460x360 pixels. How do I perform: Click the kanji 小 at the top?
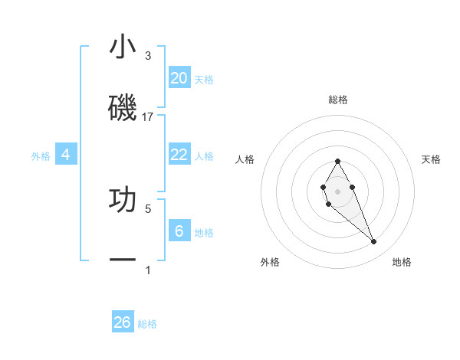coord(123,47)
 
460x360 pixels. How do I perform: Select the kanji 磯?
coord(123,108)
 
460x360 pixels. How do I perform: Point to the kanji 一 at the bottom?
coord(123,261)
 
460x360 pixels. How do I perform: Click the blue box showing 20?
coord(179,78)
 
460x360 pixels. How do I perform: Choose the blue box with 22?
coord(179,155)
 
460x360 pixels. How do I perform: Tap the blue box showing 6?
coord(179,231)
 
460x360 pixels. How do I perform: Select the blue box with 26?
coord(123,322)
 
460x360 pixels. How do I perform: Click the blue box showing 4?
coord(66,155)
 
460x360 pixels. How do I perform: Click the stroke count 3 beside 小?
coord(147,56)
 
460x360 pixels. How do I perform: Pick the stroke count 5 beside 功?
coord(147,208)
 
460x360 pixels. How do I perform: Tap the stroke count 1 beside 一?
coord(147,270)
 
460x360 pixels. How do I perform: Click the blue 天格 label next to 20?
coord(204,80)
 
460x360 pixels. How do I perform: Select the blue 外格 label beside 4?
coord(41,156)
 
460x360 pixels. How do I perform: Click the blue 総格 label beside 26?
coord(147,324)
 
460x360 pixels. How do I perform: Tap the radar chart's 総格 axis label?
coord(338,100)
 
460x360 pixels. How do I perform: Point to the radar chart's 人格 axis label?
coord(245,159)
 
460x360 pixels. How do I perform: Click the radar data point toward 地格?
coord(373,242)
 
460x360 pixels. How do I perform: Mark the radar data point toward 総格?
coord(337,161)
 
